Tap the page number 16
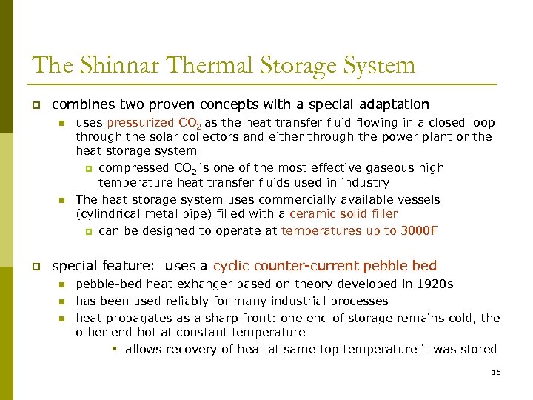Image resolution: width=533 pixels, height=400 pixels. click(x=496, y=372)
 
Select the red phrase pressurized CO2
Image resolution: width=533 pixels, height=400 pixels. click(x=154, y=123)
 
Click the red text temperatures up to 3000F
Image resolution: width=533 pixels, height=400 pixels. click(x=359, y=230)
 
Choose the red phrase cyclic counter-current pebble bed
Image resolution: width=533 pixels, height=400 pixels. click(x=324, y=265)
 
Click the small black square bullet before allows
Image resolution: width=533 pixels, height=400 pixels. click(x=117, y=350)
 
